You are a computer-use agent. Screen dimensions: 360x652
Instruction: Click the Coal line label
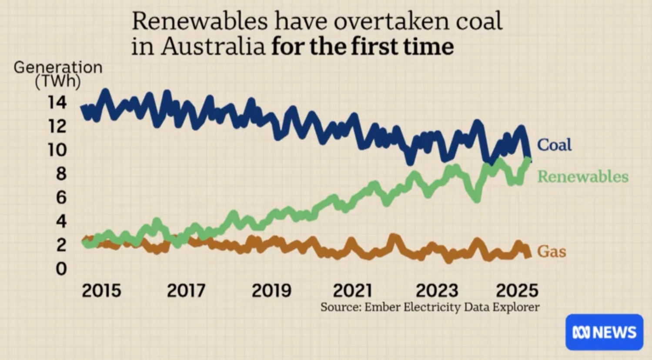click(x=554, y=145)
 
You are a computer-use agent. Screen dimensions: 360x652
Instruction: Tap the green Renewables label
click(x=583, y=177)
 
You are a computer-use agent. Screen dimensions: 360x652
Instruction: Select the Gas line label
click(x=552, y=251)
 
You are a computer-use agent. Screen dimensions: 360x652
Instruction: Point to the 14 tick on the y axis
click(x=57, y=103)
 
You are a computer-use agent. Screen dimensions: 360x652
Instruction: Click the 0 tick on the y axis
click(x=61, y=269)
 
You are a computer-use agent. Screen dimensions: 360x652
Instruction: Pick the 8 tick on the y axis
click(x=61, y=174)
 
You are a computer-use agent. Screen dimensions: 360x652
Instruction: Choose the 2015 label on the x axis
click(x=101, y=290)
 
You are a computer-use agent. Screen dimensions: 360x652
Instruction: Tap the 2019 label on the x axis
click(x=271, y=290)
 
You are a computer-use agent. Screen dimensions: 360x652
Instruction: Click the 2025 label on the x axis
click(x=517, y=290)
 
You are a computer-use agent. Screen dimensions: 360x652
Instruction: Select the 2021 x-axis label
click(x=352, y=290)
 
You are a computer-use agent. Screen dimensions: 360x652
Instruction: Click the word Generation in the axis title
click(x=58, y=67)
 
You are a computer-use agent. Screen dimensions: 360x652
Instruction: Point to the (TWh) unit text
click(x=58, y=81)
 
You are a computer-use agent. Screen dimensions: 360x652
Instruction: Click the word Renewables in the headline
click(x=200, y=21)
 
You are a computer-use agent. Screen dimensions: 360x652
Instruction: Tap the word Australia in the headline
click(x=213, y=47)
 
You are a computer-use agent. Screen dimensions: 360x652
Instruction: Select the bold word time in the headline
click(x=428, y=47)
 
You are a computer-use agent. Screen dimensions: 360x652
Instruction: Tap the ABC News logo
click(x=604, y=332)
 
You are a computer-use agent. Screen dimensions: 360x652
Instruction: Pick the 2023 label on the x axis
click(x=437, y=290)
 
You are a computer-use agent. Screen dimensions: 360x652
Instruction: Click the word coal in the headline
click(x=479, y=21)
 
